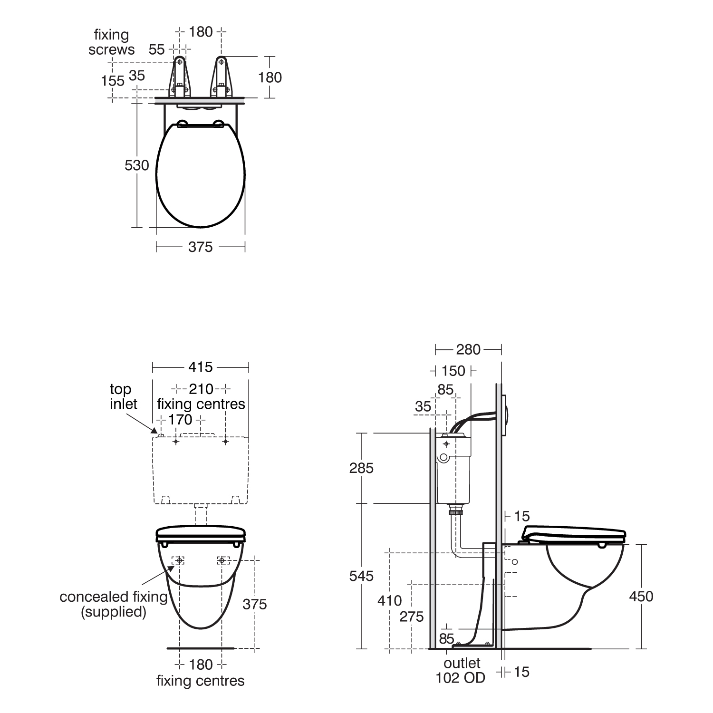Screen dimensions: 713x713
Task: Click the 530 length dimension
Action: pos(137,165)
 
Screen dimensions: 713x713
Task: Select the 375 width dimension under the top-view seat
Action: pos(200,247)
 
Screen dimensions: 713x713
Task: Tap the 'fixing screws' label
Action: pos(111,42)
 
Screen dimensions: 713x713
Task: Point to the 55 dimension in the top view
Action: pos(156,49)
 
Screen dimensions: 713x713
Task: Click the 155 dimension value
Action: pos(113,81)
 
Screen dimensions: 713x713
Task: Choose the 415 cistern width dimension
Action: pos(200,367)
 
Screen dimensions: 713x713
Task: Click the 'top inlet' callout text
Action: pos(123,396)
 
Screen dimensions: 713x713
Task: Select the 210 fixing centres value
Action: pos(201,389)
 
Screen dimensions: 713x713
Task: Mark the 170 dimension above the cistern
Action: pos(180,420)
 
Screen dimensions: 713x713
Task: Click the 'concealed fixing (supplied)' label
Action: pos(113,604)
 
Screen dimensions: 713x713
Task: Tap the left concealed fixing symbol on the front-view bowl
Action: pos(179,561)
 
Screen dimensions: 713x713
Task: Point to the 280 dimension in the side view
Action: pos(468,350)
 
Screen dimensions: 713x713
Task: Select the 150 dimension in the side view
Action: pos(453,371)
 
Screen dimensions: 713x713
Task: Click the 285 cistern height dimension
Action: pos(361,468)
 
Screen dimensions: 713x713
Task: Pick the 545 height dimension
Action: pos(361,576)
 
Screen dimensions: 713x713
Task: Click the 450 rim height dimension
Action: pos(641,597)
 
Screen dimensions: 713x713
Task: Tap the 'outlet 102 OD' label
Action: pos(461,670)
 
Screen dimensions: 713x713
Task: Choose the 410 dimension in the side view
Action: pos(389,601)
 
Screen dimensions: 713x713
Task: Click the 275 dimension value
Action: pos(411,617)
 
